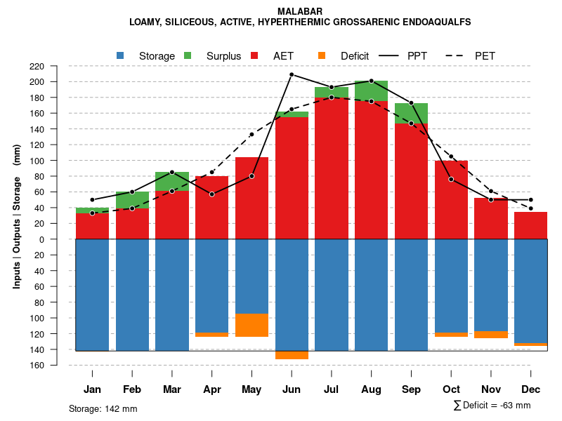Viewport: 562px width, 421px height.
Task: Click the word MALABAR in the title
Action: [300, 11]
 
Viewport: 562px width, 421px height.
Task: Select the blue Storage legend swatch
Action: [121, 55]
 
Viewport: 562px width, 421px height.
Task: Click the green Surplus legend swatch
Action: [188, 55]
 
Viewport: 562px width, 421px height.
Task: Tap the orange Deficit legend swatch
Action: [322, 55]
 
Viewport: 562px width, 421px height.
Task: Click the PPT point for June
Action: [292, 74]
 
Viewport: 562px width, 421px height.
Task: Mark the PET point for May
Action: [251, 134]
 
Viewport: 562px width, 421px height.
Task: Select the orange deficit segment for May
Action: [251, 325]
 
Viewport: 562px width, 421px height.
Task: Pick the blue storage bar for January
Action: [92, 295]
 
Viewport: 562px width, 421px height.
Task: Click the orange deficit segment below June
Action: [292, 355]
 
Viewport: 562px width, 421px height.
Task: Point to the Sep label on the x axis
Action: [411, 389]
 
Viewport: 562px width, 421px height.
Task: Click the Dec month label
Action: [531, 389]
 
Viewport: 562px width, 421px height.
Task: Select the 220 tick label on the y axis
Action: [56, 66]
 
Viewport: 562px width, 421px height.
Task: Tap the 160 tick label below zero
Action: [56, 366]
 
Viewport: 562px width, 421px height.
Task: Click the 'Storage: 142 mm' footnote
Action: [103, 408]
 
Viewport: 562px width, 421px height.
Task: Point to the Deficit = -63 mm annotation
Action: [492, 406]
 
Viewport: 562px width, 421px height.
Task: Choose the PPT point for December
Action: [531, 200]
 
